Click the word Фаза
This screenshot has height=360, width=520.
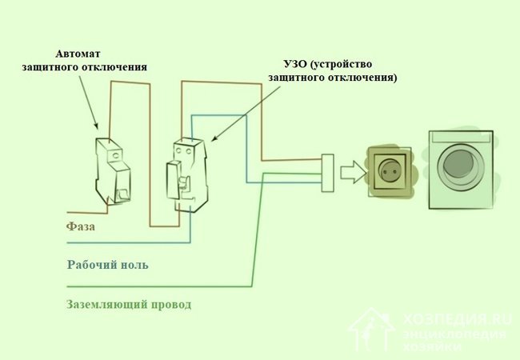[81, 227]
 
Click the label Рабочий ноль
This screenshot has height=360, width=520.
[107, 265]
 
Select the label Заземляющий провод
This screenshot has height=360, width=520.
[128, 305]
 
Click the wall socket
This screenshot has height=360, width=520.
[392, 170]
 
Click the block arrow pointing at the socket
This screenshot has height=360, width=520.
[350, 171]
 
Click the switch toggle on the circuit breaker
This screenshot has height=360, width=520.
[122, 193]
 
